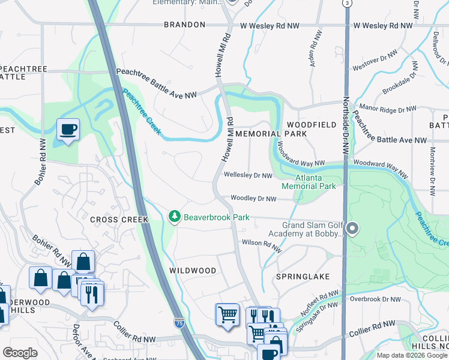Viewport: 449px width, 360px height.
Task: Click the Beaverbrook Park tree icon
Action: tap(175, 216)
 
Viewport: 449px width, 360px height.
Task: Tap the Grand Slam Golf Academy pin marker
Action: tap(352, 228)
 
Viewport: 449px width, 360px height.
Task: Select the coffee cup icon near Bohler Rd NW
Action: tap(67, 129)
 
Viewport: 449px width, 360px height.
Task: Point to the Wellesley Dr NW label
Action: tap(248, 175)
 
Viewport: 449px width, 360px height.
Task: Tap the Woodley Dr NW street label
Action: tap(254, 199)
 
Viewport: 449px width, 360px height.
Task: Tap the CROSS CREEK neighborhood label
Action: tap(119, 220)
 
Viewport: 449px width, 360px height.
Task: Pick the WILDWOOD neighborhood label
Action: tap(192, 271)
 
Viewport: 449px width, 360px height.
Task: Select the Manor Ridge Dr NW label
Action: tap(387, 109)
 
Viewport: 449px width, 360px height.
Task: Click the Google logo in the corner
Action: tap(20, 353)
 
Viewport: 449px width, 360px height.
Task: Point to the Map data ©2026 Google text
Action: tap(411, 355)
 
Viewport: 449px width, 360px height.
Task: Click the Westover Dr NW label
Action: tap(375, 59)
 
